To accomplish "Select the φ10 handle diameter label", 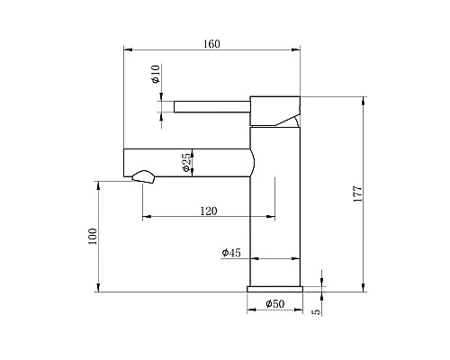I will (155, 75).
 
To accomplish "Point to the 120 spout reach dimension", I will (208, 211).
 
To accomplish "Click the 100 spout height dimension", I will (92, 237).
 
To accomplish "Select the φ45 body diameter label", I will (230, 254).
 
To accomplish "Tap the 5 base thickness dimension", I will (316, 310).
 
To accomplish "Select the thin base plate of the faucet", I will (274, 289).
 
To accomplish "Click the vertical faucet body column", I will (274, 207).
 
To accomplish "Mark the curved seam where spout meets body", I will (255, 161).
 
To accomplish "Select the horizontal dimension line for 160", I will (212, 52).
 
